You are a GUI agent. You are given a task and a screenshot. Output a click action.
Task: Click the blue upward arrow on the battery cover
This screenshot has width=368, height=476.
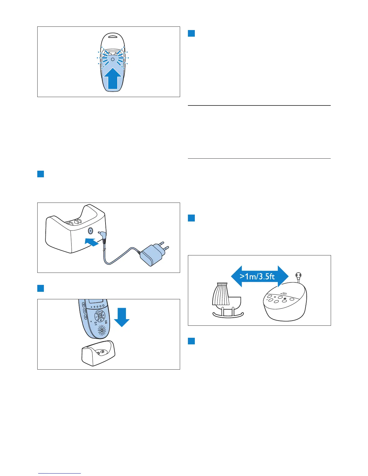pos(113,79)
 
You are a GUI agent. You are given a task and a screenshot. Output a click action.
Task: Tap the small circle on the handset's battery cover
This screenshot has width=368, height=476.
pos(112,59)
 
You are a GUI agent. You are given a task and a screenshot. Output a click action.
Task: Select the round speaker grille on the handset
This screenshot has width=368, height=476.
pos(102,330)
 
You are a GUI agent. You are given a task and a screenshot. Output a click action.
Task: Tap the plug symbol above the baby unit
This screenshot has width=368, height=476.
pos(299,275)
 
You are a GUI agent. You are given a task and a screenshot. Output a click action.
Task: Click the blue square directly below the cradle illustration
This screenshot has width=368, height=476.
pos(192,341)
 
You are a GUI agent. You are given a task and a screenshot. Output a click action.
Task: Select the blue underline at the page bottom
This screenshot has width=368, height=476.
pos(60,474)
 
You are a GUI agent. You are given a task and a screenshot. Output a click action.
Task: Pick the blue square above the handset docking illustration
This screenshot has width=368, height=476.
pos(41,288)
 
